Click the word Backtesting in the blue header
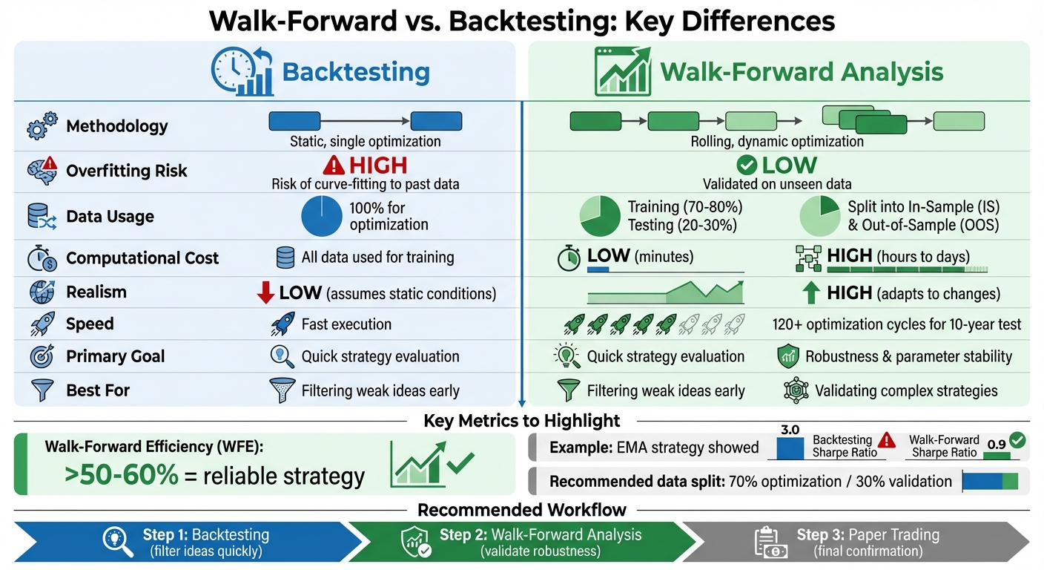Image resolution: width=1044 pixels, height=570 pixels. coord(356,73)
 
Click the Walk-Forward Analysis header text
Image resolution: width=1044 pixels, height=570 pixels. coord(801,73)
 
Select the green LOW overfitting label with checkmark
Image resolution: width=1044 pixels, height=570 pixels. coord(776,165)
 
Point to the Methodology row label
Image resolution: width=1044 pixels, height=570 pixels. coord(116,126)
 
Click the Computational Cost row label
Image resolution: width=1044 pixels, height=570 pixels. coord(142,258)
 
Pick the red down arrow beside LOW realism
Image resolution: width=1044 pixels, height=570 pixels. coord(265,293)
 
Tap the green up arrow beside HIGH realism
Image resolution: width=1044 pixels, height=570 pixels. coord(811,293)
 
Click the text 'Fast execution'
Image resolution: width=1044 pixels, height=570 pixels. coord(346,324)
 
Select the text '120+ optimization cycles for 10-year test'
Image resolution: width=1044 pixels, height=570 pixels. coord(896,324)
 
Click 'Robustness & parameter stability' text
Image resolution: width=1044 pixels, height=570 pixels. coord(908,356)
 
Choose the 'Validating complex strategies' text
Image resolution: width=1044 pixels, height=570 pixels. coord(906,390)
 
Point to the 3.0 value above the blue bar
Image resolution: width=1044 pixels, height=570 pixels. coord(790,430)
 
